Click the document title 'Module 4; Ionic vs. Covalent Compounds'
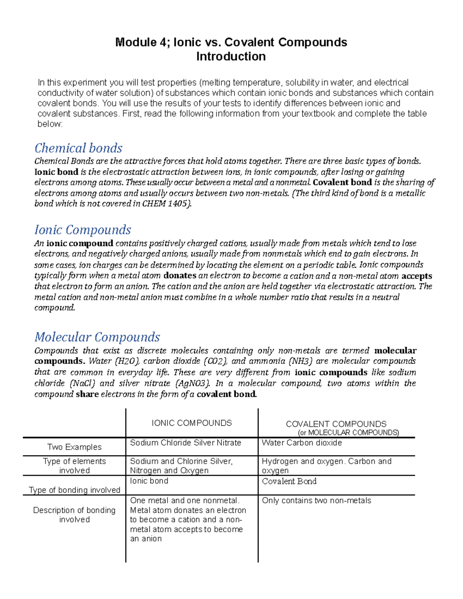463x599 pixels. [231, 42]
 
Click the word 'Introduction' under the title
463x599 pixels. [231, 56]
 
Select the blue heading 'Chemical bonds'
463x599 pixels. [78, 148]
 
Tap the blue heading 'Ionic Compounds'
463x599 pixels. [83, 230]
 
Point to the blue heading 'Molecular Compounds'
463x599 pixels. [97, 337]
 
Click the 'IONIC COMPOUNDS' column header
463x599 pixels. [192, 423]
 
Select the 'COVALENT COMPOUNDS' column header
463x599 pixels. [336, 424]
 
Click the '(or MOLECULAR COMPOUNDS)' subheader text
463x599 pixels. [348, 432]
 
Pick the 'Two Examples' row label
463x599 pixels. [74, 447]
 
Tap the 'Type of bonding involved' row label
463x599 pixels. [74, 490]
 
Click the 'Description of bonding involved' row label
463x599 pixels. [74, 515]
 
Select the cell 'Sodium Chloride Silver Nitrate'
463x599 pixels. [186, 443]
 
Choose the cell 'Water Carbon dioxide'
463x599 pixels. [302, 443]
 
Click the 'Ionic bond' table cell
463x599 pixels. [149, 481]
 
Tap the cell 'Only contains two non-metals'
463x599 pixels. [316, 501]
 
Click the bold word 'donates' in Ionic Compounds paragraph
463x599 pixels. [180, 275]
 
